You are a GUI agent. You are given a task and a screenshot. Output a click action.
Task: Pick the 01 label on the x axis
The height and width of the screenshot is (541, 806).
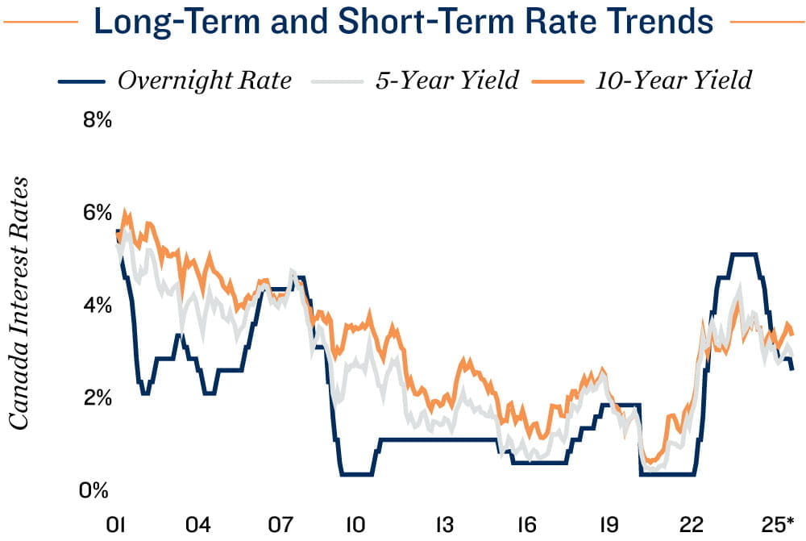(118, 525)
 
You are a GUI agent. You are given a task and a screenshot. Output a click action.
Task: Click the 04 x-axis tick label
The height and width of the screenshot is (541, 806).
(198, 525)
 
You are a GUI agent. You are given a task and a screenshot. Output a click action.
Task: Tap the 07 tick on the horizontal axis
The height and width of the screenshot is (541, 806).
(280, 525)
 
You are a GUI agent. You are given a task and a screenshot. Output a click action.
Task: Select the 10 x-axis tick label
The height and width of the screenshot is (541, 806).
(355, 525)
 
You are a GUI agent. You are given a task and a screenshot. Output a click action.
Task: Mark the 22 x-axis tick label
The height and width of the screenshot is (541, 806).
(695, 525)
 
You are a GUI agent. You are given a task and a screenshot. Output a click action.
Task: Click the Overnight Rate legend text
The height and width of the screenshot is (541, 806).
(204, 81)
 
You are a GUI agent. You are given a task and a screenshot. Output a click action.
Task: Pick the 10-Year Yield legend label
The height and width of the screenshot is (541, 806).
(674, 81)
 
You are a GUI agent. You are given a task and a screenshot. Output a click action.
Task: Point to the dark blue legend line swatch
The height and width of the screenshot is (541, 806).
(82, 81)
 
